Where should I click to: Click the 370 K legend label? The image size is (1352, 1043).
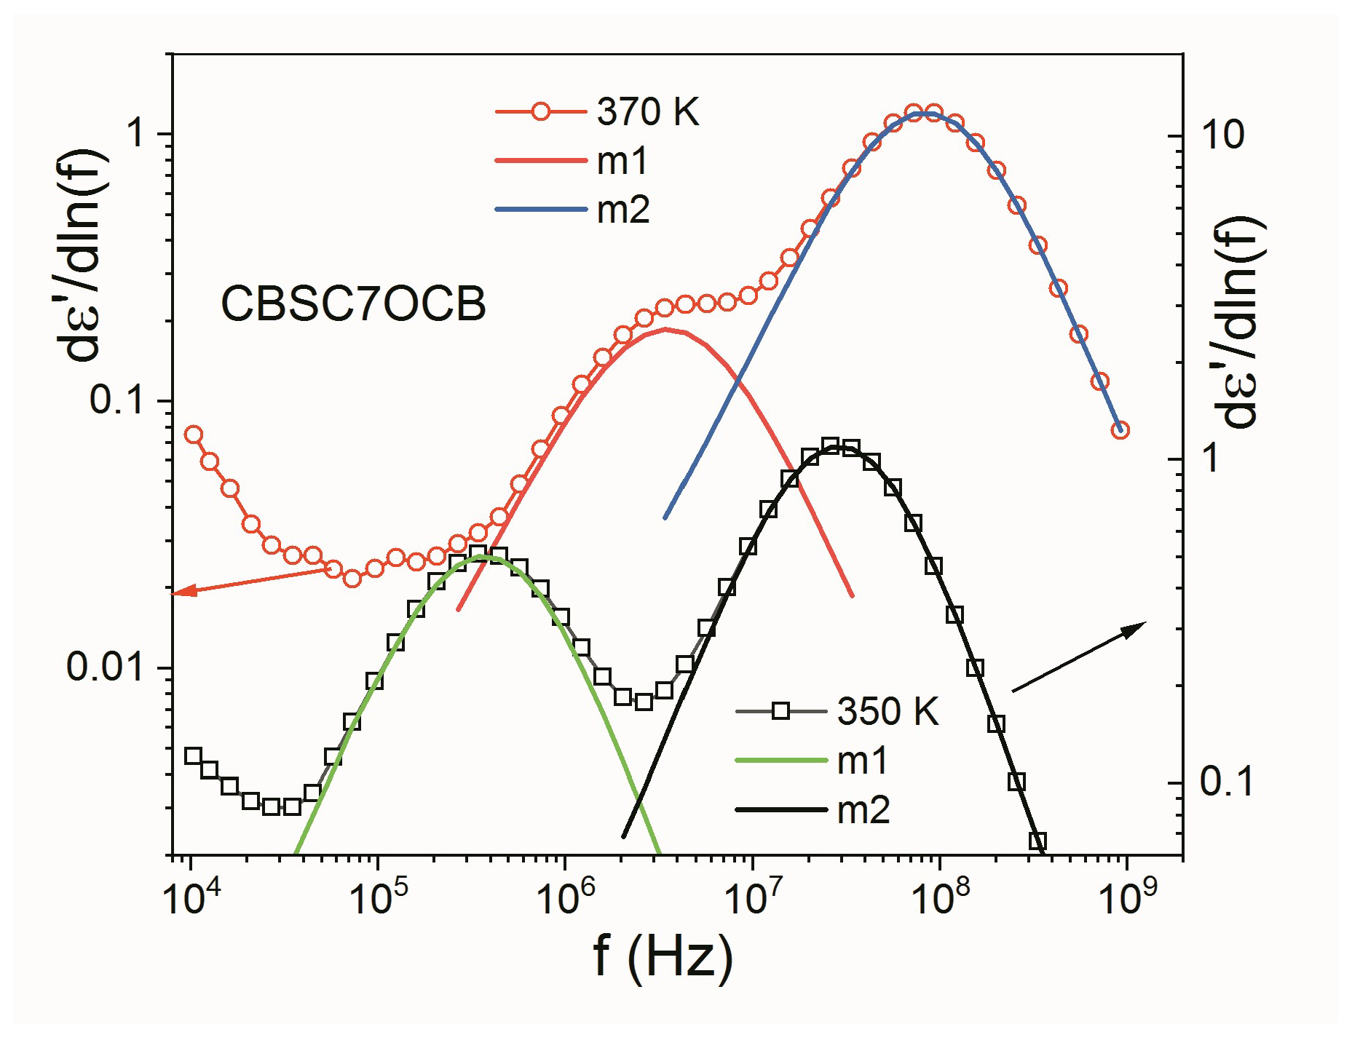click(x=647, y=112)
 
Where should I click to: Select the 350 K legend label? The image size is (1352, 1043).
click(x=888, y=711)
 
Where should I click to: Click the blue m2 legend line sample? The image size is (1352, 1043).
click(x=541, y=210)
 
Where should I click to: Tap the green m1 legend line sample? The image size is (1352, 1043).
click(x=781, y=761)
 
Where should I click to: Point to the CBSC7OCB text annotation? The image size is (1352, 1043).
click(x=353, y=304)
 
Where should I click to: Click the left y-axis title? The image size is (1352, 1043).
click(x=82, y=255)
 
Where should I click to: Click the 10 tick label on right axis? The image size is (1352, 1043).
click(x=1222, y=135)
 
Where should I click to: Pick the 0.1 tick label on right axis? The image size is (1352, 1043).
click(x=1227, y=782)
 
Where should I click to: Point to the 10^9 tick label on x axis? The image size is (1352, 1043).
click(x=1127, y=897)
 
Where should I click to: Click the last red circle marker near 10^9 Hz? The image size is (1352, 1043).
click(x=1120, y=430)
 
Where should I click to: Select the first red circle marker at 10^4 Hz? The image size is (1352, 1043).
click(x=193, y=435)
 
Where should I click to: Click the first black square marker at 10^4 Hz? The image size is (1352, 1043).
click(x=193, y=756)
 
